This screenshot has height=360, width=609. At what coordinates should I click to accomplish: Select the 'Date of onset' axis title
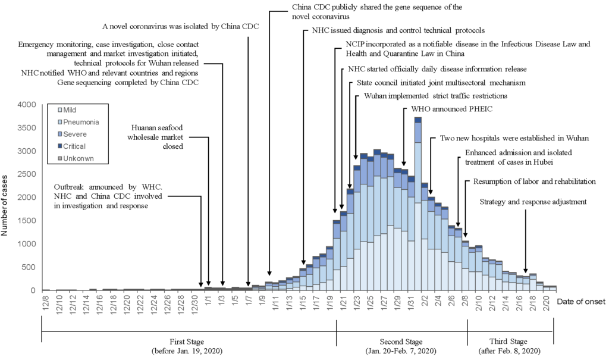click(581, 302)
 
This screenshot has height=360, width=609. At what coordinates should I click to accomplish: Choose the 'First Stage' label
click(187, 342)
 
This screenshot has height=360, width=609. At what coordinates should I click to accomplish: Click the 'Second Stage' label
click(403, 342)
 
